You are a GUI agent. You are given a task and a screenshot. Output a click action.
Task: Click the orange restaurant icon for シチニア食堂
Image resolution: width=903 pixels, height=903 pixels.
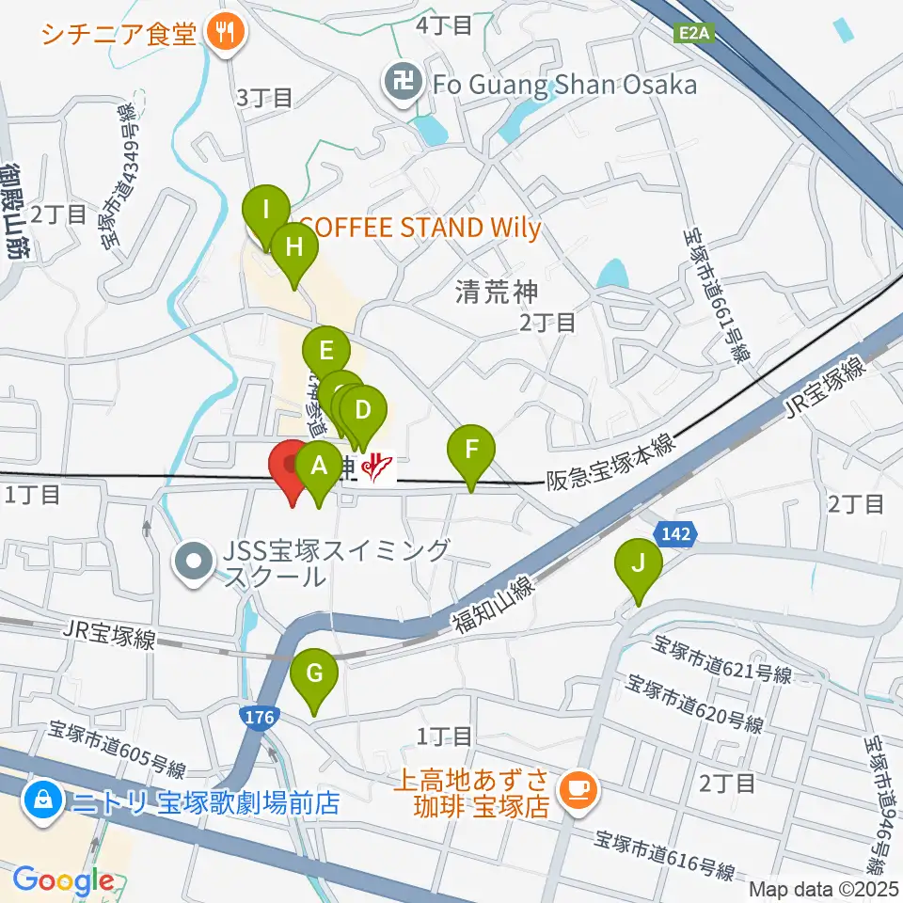[x=225, y=34]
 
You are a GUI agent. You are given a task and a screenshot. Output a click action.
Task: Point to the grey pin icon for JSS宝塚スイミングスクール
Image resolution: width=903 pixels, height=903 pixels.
[x=195, y=562]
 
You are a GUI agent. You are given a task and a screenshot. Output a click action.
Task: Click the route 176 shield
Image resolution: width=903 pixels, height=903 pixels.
[x=259, y=718]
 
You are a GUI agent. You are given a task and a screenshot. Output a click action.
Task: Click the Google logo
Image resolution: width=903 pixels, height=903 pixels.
[x=64, y=881]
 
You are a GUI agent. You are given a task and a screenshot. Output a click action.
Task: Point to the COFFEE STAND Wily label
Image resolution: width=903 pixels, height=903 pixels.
[x=420, y=228]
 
